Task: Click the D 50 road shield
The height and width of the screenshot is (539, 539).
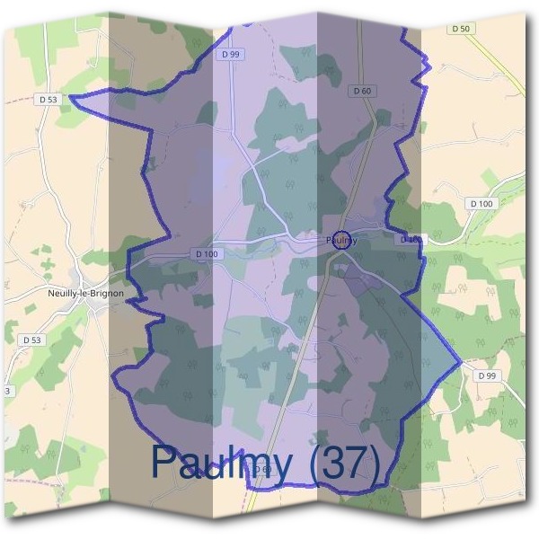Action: [x=461, y=29]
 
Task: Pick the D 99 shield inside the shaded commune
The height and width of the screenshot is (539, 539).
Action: [x=232, y=54]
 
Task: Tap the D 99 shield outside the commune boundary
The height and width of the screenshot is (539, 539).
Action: [x=487, y=375]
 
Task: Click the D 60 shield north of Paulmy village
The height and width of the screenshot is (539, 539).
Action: [x=362, y=90]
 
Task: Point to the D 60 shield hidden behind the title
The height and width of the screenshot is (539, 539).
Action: [x=261, y=470]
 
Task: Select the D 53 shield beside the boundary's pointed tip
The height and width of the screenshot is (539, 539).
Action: [x=49, y=99]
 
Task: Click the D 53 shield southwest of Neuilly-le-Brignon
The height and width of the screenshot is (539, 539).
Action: [x=31, y=340]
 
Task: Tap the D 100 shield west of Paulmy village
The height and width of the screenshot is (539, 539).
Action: [x=206, y=254]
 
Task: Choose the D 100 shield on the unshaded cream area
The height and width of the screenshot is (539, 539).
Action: [x=481, y=204]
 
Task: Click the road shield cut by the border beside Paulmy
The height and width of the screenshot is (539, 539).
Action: [x=410, y=240]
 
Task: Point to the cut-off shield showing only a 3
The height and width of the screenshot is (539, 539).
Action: [x=7, y=391]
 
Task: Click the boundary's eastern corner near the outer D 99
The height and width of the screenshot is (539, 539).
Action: [x=460, y=363]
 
